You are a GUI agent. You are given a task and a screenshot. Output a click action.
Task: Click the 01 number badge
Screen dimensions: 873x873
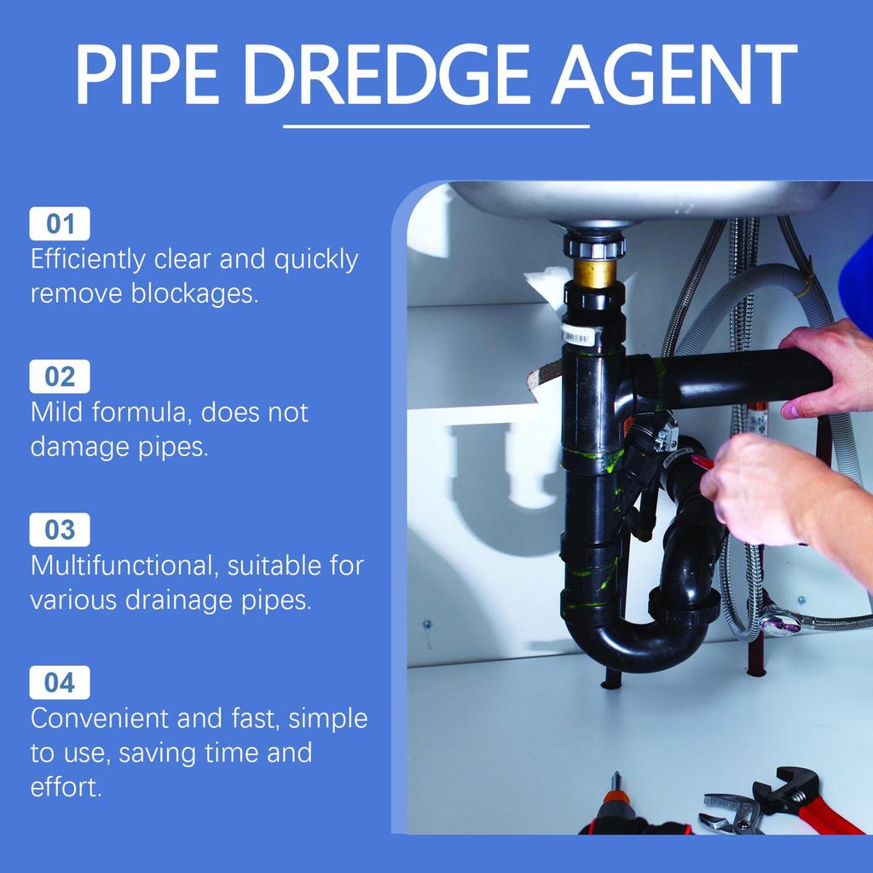(60, 224)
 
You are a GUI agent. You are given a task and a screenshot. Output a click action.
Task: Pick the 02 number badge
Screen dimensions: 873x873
(60, 377)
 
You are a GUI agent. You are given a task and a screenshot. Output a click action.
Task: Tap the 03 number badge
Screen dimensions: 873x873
(60, 530)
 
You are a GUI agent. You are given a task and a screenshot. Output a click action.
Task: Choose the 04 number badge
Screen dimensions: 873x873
(60, 683)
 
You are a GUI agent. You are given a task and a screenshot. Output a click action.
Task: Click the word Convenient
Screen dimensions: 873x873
(99, 718)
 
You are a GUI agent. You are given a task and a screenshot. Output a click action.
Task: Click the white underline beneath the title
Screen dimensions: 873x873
(436, 126)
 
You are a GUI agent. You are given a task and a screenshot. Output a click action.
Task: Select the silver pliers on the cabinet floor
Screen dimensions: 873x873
(731, 812)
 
